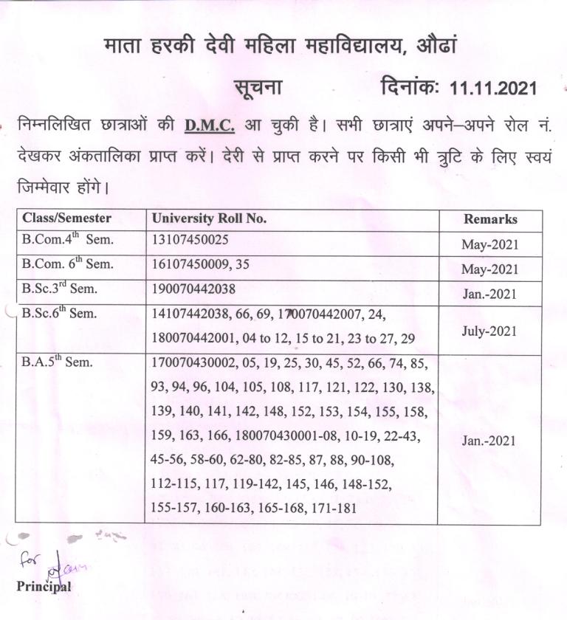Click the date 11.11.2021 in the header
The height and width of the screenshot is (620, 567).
[x=493, y=89]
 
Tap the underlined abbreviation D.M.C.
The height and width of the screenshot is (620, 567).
[x=210, y=125]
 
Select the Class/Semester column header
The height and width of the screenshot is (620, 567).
[x=67, y=218]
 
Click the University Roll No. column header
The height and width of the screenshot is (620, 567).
[x=209, y=218]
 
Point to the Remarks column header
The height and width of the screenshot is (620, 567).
[x=490, y=219]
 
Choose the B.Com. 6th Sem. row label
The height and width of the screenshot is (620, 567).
[x=68, y=265]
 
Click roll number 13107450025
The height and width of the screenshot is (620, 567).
[x=190, y=241]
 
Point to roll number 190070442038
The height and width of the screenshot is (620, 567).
[x=193, y=289]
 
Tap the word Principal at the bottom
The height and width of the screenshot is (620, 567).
[x=44, y=587]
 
